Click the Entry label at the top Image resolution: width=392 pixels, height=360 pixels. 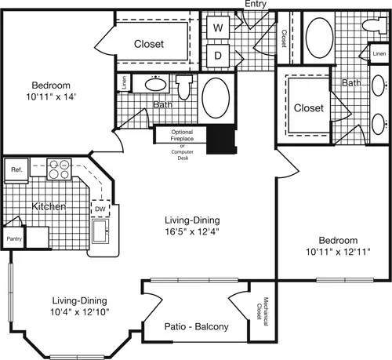click(256, 5)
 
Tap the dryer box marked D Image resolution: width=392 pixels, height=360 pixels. click(219, 56)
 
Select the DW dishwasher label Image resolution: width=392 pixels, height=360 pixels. click(100, 209)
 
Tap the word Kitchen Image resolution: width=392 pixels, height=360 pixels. click(49, 206)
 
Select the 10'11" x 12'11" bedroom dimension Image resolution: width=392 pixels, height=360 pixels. click(338, 253)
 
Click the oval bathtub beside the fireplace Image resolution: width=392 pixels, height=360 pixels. click(216, 98)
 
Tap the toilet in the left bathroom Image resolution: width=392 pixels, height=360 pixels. click(184, 90)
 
